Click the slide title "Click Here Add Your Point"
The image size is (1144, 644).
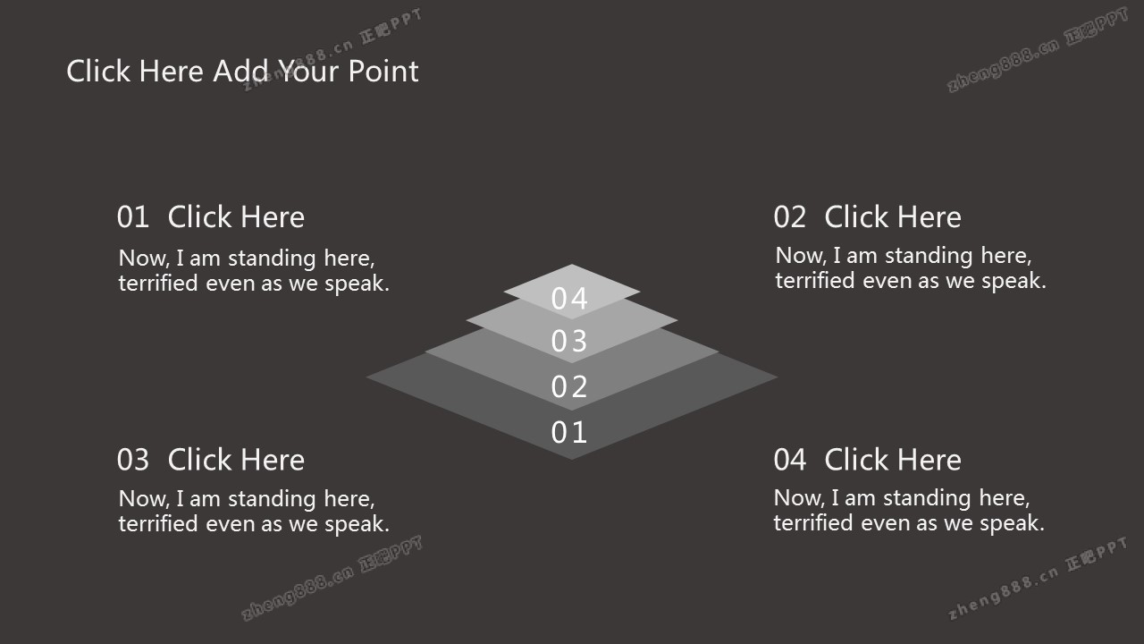tap(242, 71)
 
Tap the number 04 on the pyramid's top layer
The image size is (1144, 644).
tap(569, 299)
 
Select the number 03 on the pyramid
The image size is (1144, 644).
tap(569, 341)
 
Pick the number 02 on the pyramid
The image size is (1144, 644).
tap(569, 386)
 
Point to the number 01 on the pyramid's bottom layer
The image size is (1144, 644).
tap(569, 432)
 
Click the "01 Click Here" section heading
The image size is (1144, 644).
tap(211, 217)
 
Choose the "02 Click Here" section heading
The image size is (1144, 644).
tap(868, 217)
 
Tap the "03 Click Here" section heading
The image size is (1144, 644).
tap(211, 460)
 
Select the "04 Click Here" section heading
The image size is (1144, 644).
tap(868, 460)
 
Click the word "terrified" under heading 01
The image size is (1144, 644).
tap(158, 283)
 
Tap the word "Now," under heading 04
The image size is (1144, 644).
tap(799, 498)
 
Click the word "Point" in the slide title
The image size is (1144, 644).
tap(383, 71)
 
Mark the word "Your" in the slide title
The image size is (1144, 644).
tap(309, 71)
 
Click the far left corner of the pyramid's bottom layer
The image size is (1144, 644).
tap(366, 377)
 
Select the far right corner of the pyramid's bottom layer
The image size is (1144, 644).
tap(778, 377)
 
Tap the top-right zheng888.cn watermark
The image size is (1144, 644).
tap(1038, 49)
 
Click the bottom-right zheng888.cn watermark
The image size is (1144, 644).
tap(1038, 578)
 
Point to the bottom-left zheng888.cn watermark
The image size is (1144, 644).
tap(332, 578)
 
